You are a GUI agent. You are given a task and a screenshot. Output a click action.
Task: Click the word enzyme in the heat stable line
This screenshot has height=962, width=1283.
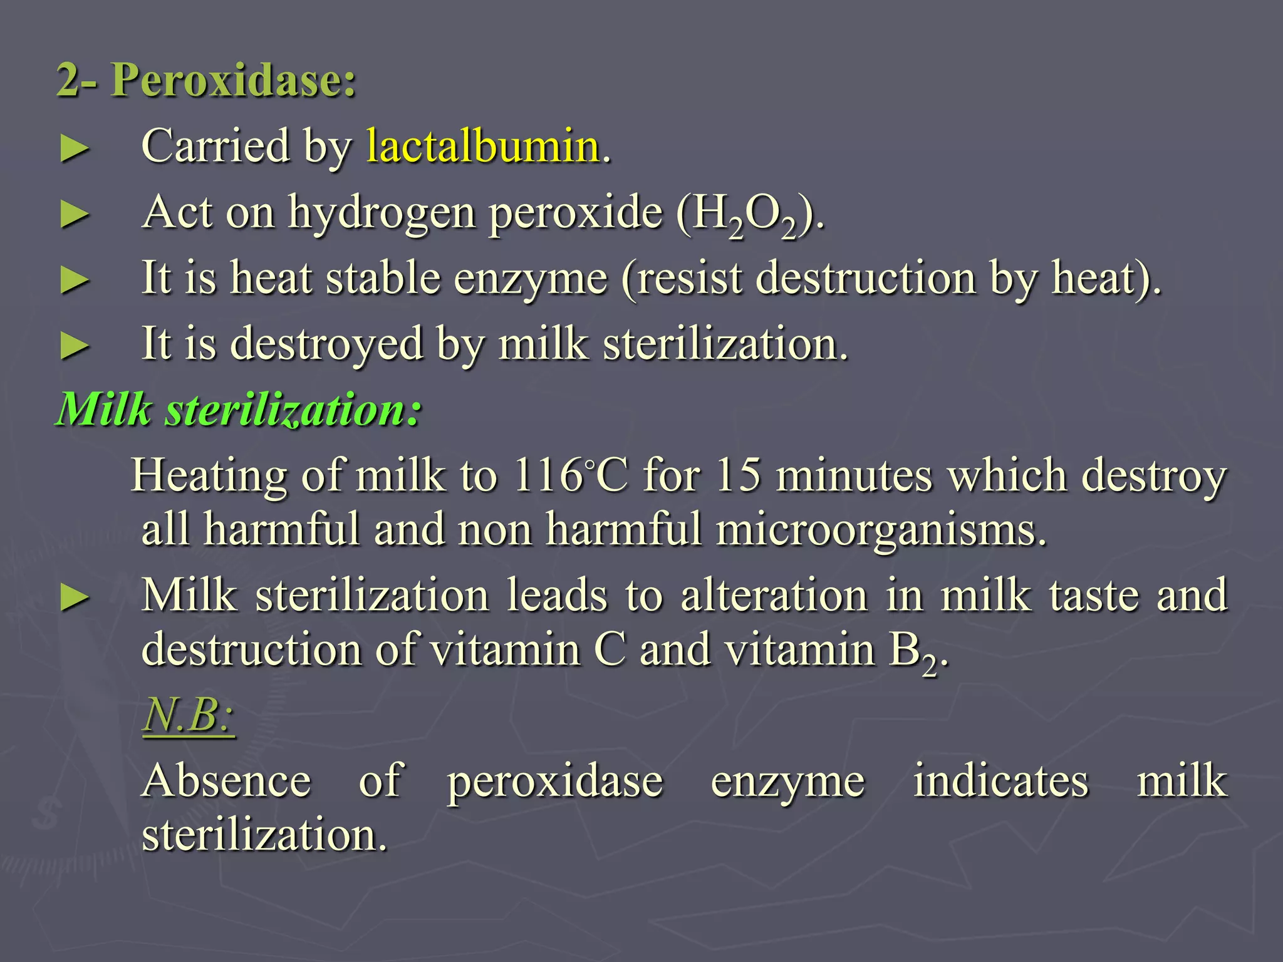tap(531, 279)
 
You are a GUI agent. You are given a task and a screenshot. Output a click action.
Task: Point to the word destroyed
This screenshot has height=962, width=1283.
tap(326, 344)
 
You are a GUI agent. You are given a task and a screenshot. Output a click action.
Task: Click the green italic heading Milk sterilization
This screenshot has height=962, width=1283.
tap(239, 410)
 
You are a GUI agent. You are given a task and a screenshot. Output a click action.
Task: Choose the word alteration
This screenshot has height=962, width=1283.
tap(774, 595)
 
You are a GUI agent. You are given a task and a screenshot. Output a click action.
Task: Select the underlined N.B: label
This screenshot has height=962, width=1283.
tap(189, 715)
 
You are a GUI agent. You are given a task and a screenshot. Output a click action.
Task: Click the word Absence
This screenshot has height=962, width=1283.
tap(226, 782)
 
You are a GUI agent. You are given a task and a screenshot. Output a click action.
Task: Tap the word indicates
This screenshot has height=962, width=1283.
tap(1000, 782)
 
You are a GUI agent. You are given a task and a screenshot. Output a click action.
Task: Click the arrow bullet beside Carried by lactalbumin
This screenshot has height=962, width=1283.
tap(75, 150)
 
